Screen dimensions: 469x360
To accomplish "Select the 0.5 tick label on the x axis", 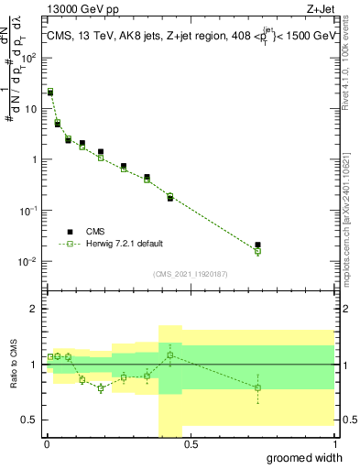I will [x=190, y=445].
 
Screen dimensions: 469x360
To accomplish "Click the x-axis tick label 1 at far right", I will [x=333, y=445].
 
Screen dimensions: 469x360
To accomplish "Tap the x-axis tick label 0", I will [x=46, y=445].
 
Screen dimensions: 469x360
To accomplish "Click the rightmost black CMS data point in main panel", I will [x=257, y=245].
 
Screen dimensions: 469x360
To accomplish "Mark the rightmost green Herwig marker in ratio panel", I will [x=257, y=387].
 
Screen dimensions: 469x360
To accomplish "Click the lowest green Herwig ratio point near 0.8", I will [x=101, y=388].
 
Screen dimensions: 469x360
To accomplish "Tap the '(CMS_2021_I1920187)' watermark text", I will [x=190, y=273].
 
